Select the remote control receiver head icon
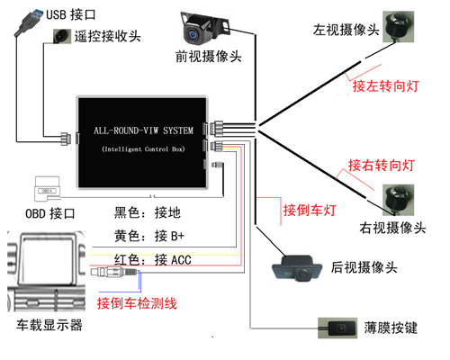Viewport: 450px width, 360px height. (x=62, y=37)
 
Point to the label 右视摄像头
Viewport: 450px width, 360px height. (x=391, y=228)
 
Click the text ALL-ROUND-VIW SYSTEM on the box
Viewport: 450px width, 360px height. (x=144, y=130)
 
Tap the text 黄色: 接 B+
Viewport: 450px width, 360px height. (x=149, y=237)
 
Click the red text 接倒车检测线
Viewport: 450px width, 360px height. (x=137, y=302)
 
